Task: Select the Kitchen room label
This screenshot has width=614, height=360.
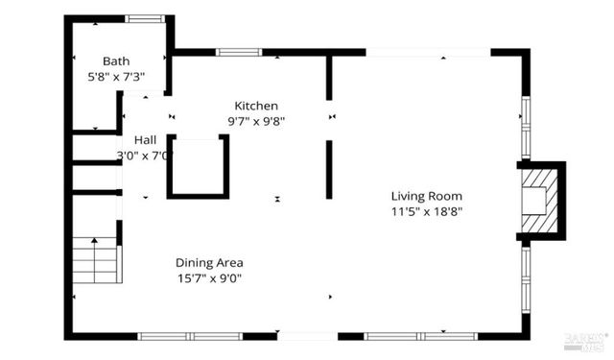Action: coord(256,106)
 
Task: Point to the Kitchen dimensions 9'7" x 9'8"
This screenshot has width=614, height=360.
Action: coord(256,121)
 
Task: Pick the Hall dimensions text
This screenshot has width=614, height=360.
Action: coord(144,155)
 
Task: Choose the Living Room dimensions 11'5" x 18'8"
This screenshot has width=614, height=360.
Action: coord(427,211)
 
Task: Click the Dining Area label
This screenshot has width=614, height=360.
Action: coord(208,263)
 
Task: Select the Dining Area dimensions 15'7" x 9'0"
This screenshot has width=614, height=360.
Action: coord(208,278)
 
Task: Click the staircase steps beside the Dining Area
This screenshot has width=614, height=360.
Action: coord(95,260)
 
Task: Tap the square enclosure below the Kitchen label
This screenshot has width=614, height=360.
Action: coord(199,167)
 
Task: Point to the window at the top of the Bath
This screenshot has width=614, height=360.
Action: coord(145,18)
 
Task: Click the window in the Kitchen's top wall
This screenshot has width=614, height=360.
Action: coord(232,52)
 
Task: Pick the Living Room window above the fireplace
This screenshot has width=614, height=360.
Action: coord(525,127)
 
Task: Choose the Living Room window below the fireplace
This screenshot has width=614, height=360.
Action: coord(525,277)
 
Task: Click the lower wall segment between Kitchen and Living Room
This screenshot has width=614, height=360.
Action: coord(329,170)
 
